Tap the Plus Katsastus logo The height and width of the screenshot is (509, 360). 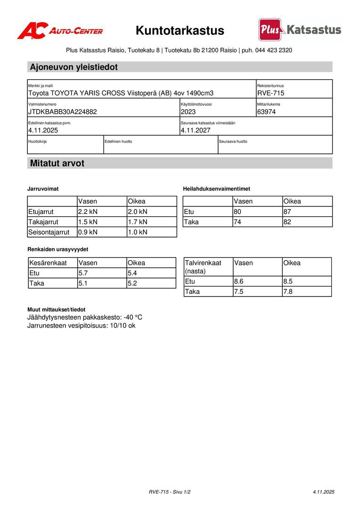(x=300, y=30)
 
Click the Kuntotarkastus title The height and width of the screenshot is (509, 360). (x=180, y=31)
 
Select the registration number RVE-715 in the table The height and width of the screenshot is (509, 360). (x=270, y=93)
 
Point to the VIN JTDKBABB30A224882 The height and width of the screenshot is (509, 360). (x=63, y=112)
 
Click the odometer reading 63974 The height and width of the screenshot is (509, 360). (x=267, y=112)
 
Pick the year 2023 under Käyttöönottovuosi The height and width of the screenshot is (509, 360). (x=188, y=112)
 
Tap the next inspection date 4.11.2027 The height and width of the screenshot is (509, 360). (x=196, y=130)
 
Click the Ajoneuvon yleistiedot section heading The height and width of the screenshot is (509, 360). (x=74, y=67)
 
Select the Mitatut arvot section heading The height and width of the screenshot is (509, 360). (x=57, y=164)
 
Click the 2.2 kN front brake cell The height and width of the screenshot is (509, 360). (x=88, y=212)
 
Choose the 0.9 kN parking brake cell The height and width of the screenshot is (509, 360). (x=88, y=232)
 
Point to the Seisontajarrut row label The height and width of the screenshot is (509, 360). (x=49, y=232)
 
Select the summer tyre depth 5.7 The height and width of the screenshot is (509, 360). (x=83, y=273)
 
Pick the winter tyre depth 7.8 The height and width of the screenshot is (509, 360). (x=288, y=292)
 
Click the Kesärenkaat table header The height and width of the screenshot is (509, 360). (x=48, y=263)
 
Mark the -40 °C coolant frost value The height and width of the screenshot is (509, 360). (x=133, y=317)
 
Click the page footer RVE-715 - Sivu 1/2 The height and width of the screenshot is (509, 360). (x=170, y=492)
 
